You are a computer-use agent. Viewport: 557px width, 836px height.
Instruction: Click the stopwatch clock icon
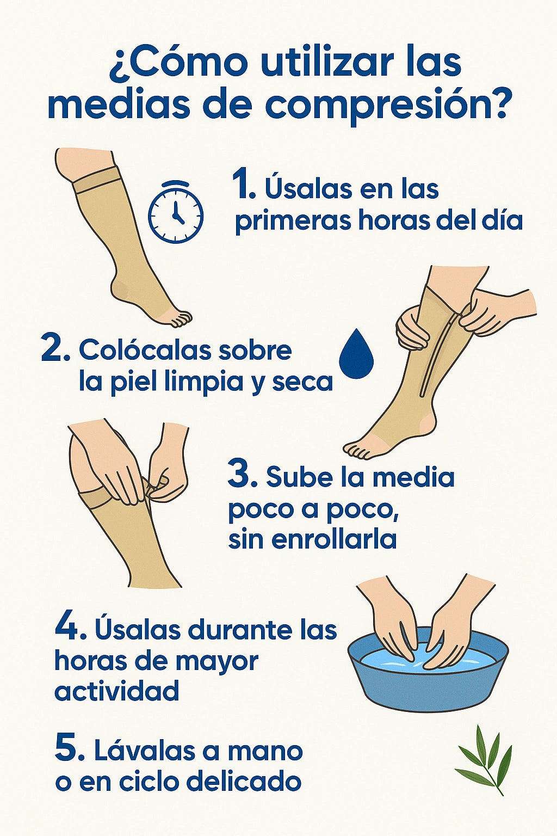[176, 211]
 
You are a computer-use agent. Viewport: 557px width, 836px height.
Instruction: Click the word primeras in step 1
[293, 223]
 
